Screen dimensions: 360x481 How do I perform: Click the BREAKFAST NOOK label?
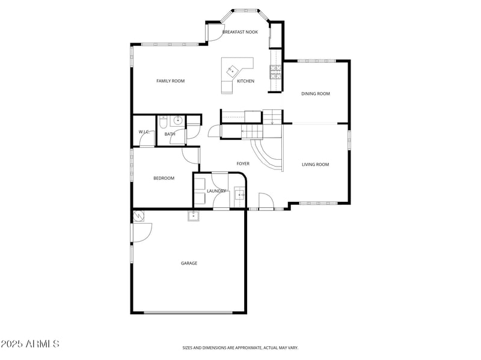click(240, 32)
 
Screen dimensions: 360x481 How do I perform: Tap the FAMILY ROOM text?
click(170, 81)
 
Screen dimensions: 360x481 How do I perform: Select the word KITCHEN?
click(245, 81)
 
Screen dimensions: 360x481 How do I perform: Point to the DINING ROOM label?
click(316, 94)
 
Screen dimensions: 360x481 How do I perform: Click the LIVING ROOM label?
click(315, 164)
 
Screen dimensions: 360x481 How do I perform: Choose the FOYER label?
click(242, 163)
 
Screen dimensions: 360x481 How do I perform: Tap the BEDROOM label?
click(164, 178)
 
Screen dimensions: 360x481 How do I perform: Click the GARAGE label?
click(189, 263)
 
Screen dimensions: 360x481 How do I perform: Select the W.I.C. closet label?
click(144, 132)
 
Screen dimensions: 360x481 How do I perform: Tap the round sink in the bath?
click(178, 120)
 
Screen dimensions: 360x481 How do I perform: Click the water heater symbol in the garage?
click(139, 215)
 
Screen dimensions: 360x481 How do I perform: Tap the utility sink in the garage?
click(194, 216)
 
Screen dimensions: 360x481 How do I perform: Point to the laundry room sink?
click(239, 194)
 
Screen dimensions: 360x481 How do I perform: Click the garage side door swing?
click(142, 232)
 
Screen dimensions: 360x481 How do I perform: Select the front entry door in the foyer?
click(265, 200)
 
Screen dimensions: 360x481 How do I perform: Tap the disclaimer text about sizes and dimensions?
click(240, 347)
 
